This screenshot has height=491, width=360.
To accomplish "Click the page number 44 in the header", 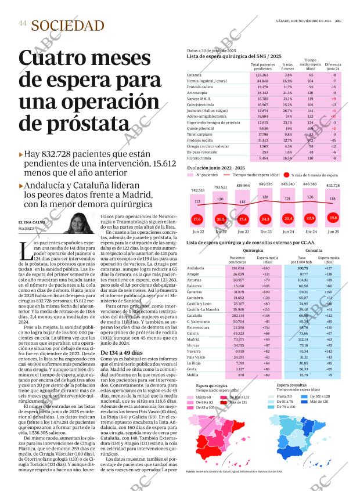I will [23, 23].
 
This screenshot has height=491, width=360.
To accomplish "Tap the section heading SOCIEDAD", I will [68, 26].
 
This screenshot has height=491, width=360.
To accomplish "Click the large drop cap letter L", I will [24, 251].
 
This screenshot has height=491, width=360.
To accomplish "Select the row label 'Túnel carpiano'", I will [199, 133].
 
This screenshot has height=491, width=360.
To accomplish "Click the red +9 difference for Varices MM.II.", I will [333, 99].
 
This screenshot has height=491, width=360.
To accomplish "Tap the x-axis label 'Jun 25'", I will [333, 232].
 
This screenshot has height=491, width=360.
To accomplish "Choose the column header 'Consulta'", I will [314, 250].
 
